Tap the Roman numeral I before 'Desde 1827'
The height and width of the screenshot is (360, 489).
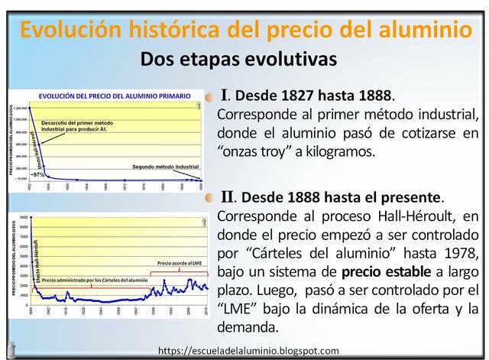225,96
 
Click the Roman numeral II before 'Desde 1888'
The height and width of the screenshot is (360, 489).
227,197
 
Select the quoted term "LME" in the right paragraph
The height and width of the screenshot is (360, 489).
238,309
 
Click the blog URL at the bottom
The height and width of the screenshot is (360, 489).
248,351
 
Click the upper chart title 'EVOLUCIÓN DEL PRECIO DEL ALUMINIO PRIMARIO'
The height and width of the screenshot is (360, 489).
112,96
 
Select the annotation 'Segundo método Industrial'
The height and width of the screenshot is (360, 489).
165,166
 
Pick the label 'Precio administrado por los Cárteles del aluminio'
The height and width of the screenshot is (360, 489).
95,281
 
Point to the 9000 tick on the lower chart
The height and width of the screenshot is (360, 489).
24,218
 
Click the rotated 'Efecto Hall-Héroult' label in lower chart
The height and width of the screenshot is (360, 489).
35,260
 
